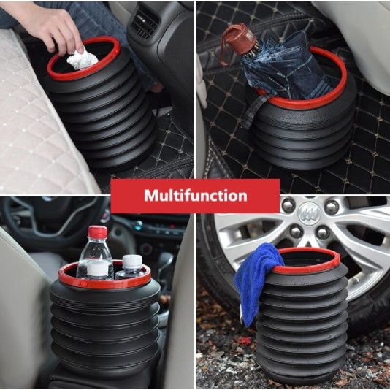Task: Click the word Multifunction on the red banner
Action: [x=196, y=196]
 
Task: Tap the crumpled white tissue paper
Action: [x=83, y=60]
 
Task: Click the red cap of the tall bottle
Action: [x=98, y=232]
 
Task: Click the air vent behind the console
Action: [x=145, y=23]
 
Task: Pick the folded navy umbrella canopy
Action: [x=286, y=67]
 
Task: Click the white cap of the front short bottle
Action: [x=98, y=269]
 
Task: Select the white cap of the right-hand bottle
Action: [x=132, y=261]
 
